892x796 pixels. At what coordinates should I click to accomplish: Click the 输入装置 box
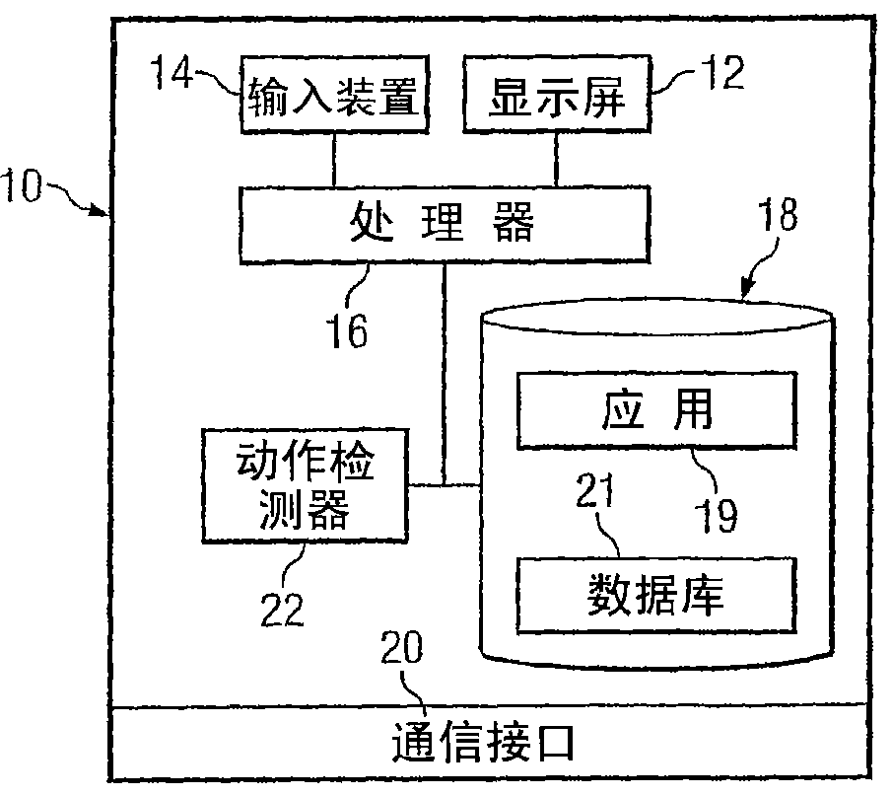click(x=334, y=96)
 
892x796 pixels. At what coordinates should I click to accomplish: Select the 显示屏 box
click(x=558, y=96)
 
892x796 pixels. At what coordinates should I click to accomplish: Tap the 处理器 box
click(x=444, y=226)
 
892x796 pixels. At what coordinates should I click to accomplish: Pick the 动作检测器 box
click(x=305, y=485)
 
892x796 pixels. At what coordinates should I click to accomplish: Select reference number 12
click(x=718, y=75)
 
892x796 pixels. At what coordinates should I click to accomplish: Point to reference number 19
click(x=716, y=513)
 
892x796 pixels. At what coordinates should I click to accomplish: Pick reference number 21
click(x=594, y=488)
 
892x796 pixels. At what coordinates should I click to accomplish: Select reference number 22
click(x=283, y=610)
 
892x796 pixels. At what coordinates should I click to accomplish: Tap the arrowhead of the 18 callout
click(x=746, y=292)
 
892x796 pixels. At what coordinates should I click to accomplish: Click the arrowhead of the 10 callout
click(x=103, y=210)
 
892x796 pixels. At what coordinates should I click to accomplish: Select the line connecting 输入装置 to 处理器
click(x=335, y=159)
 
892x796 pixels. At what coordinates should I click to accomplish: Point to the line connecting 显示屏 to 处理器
click(x=557, y=159)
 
